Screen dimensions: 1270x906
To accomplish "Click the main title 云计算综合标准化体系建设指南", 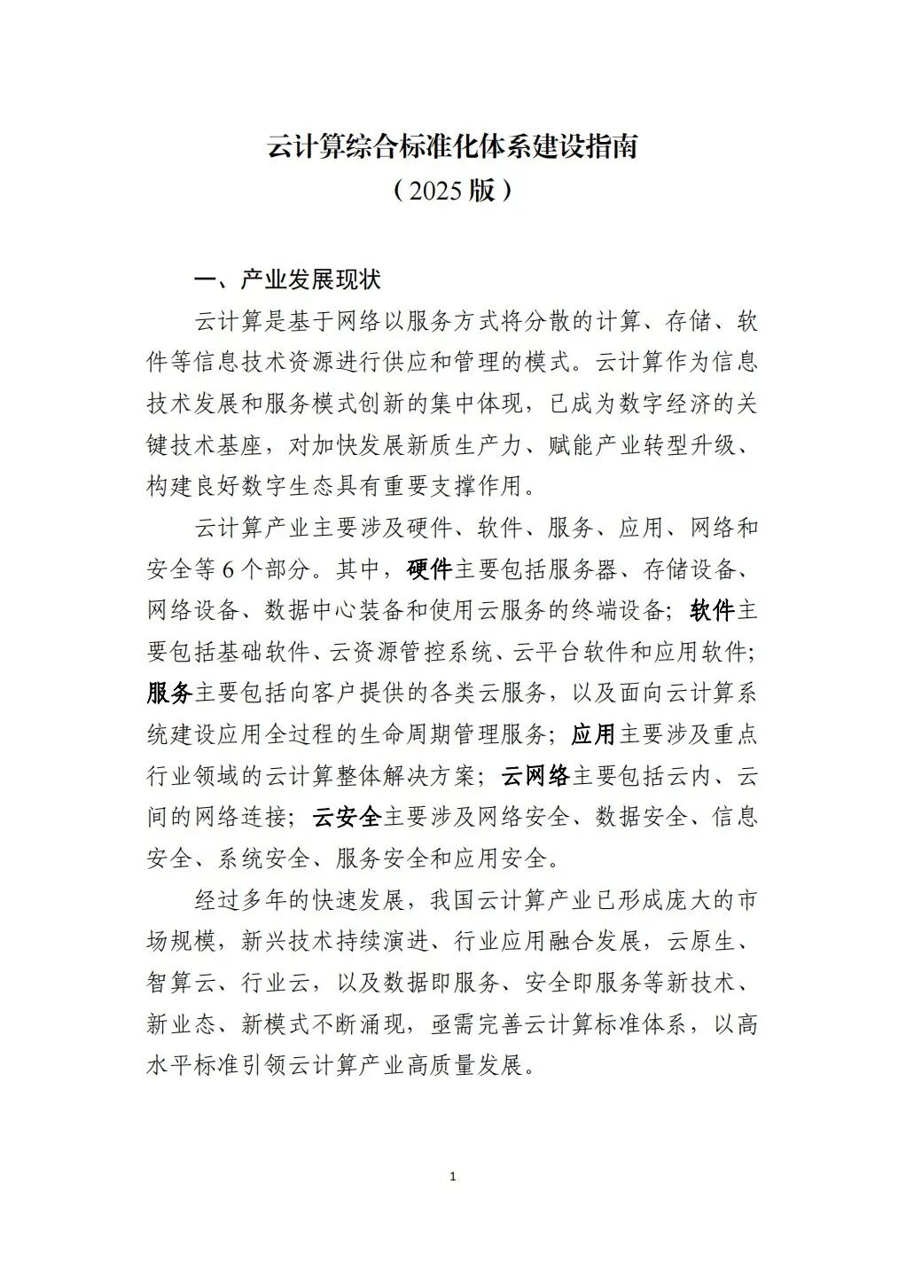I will coord(452,146).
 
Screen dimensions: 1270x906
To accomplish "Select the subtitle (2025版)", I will coord(452,189).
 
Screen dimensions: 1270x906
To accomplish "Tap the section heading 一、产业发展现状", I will coord(287,279).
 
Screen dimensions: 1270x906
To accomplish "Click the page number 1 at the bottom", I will coord(453,1177).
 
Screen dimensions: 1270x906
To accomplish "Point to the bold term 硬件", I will coord(430,569).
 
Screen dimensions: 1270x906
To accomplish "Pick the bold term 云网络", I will coord(535,776).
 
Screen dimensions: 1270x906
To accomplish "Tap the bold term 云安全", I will coord(347,817).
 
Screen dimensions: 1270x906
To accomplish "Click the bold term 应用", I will coord(593,734).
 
